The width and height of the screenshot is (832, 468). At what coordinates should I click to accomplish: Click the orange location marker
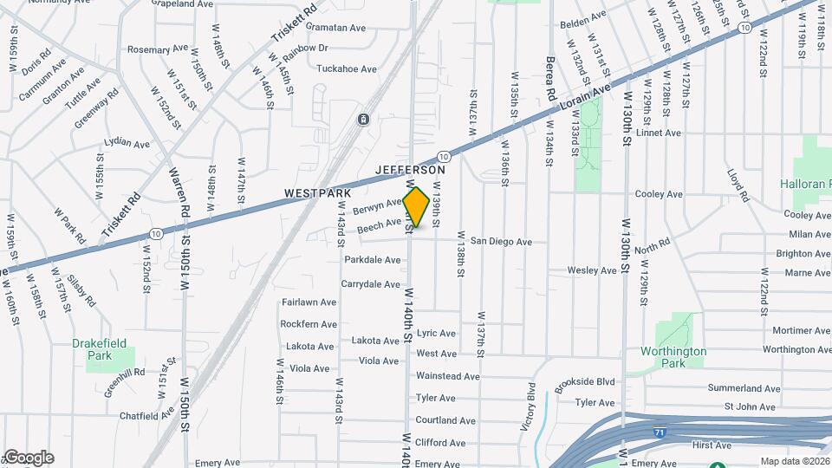(x=416, y=207)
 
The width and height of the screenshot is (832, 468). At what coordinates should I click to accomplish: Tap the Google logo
(x=28, y=458)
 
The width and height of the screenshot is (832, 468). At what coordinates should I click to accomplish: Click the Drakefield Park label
(x=104, y=349)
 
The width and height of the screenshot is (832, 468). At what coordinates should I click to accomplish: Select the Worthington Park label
(x=673, y=357)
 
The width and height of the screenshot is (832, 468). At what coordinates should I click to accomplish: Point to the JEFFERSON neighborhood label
(x=411, y=171)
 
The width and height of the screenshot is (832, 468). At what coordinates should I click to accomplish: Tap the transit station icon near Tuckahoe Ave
(x=363, y=119)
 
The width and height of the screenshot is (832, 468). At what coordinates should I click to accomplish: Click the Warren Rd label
(x=176, y=192)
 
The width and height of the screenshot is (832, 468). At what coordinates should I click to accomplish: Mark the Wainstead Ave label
(x=447, y=376)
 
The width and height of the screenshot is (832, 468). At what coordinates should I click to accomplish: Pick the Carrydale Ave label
(x=371, y=283)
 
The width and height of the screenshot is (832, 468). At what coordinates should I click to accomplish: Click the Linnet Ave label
(x=659, y=133)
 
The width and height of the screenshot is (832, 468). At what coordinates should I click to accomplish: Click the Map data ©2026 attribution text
(x=795, y=461)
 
